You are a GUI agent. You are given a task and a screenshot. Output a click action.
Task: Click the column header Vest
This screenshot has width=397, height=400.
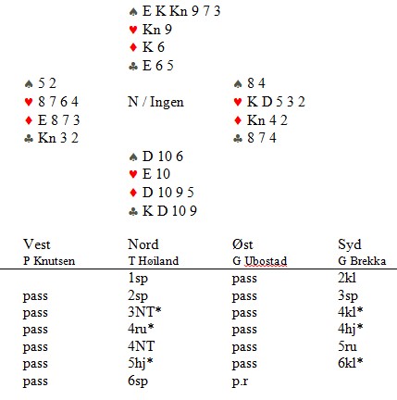click(36, 244)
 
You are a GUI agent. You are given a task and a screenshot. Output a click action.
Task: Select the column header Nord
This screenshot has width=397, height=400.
click(143, 244)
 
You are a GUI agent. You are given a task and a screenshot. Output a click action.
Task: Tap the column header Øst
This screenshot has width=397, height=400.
click(242, 244)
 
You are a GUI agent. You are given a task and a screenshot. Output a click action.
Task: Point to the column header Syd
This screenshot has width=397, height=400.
click(350, 245)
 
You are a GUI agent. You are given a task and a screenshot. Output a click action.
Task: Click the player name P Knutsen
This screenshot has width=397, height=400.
click(49, 261)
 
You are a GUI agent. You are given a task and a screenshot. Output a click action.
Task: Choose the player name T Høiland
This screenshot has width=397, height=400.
click(154, 261)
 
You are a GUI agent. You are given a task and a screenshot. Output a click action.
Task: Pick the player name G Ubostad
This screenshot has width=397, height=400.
click(259, 261)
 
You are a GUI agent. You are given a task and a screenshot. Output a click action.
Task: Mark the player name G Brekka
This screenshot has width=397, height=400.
click(362, 261)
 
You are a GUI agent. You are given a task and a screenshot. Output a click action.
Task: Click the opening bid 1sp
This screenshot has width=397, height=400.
click(138, 279)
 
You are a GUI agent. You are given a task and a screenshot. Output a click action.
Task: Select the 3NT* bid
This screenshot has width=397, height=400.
click(144, 312)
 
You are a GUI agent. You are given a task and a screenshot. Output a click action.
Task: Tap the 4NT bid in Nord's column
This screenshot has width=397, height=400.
click(141, 346)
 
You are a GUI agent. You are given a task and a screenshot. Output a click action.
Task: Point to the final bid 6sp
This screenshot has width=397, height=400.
click(138, 381)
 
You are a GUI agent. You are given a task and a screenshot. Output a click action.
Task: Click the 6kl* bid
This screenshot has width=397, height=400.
click(350, 363)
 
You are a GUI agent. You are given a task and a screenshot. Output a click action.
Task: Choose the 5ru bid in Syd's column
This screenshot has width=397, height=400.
click(347, 346)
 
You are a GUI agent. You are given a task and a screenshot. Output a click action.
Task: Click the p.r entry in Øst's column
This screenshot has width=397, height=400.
click(240, 381)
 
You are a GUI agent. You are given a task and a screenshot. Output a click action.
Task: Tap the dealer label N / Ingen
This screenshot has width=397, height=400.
click(155, 102)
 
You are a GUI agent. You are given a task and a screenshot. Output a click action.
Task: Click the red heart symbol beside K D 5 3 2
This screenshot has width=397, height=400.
click(238, 102)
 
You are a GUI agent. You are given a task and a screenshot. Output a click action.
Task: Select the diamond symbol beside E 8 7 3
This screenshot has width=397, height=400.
click(29, 120)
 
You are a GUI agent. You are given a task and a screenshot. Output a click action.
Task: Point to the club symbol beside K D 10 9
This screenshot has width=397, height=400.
click(133, 211)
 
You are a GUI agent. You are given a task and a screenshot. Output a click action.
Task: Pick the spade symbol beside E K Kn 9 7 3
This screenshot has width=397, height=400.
click(133, 12)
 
